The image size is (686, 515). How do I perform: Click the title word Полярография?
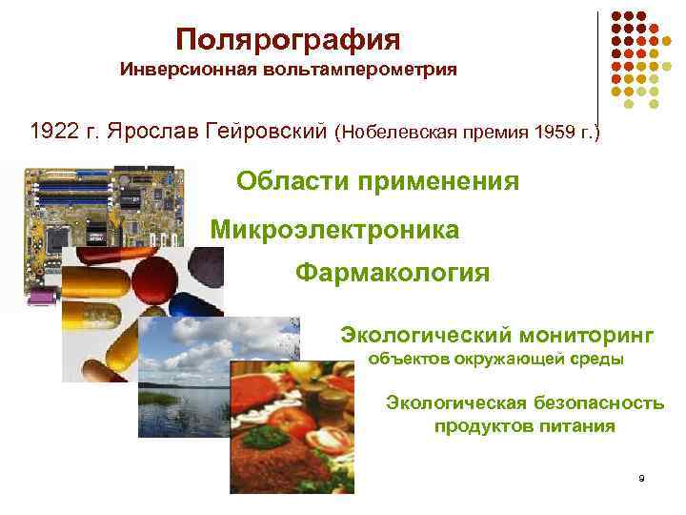pyautogui.click(x=288, y=40)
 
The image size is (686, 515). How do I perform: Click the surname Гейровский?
pyautogui.click(x=266, y=130)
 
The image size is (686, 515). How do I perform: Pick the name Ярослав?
pyautogui.click(x=152, y=130)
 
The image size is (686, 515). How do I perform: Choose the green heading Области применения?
pyautogui.click(x=377, y=181)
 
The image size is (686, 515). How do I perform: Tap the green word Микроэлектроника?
pyautogui.click(x=334, y=229)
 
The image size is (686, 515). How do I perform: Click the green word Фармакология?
pyautogui.click(x=393, y=274)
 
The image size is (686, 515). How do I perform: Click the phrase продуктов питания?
pyautogui.click(x=524, y=426)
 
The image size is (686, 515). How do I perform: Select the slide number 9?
pyautogui.click(x=642, y=477)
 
